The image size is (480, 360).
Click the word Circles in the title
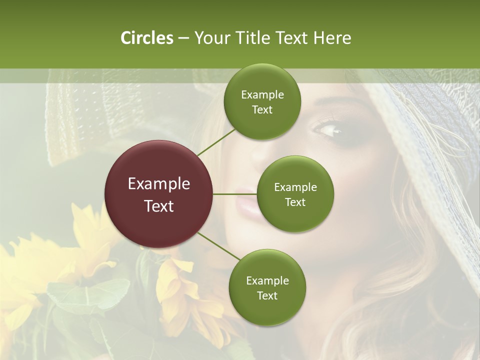pyautogui.click(x=146, y=38)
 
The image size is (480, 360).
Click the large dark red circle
pyautogui.click(x=159, y=194)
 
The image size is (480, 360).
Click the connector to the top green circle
pyautogui.click(x=215, y=141)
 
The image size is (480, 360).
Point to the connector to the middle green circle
pyautogui.click(x=235, y=194)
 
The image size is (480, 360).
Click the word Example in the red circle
pyautogui.click(x=159, y=184)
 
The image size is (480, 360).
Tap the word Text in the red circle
pyautogui.click(x=159, y=206)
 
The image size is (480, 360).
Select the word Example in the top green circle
pyautogui.click(x=262, y=95)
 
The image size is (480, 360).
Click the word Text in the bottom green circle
pyautogui.click(x=267, y=295)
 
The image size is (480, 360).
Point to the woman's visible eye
pyautogui.click(x=328, y=131)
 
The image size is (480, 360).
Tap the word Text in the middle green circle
pyautogui.click(x=295, y=202)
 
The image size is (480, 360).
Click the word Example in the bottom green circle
pyautogui.click(x=267, y=280)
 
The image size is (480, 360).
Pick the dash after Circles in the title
pyautogui.click(x=183, y=38)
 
